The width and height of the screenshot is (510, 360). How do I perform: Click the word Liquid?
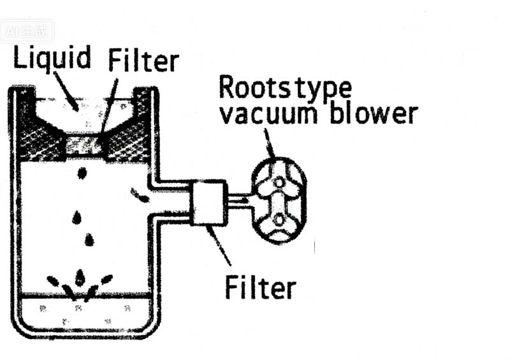(x=52, y=59)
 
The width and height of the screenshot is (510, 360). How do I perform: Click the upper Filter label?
(x=143, y=61)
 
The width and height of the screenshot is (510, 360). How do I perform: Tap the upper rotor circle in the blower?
(x=279, y=182)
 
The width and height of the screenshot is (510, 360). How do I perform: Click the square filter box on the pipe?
(x=208, y=202)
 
